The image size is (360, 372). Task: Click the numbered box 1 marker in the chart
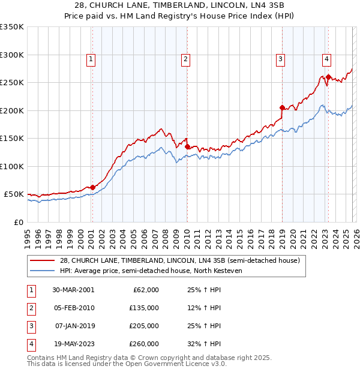tap(91, 59)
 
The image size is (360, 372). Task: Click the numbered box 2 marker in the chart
tap(186, 59)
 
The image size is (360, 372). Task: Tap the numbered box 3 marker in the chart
tap(280, 59)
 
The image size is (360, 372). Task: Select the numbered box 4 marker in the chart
tap(326, 59)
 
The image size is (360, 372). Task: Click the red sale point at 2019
tap(281, 107)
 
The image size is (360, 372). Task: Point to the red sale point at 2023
tap(328, 77)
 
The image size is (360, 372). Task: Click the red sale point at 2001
tap(93, 187)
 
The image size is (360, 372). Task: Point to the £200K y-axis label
tap(12, 110)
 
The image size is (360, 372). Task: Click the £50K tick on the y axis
tap(14, 194)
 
